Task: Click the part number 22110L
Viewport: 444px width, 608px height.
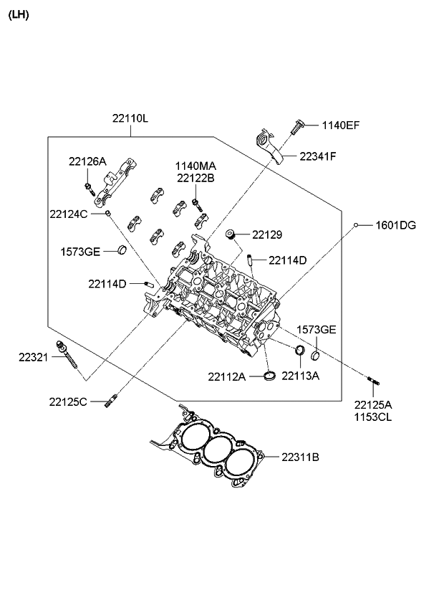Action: tap(130, 118)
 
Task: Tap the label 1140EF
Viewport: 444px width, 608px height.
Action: tap(341, 125)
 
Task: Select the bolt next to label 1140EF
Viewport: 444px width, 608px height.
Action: tap(297, 127)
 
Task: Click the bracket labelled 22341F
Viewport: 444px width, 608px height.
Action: tap(270, 146)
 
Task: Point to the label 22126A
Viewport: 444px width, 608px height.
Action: tap(87, 161)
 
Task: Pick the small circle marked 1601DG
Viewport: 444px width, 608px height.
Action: tap(356, 225)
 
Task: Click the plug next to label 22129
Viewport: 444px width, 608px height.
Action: tap(231, 235)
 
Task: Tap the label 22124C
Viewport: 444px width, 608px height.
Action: tap(69, 214)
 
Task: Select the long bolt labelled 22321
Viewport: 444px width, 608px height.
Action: tap(67, 354)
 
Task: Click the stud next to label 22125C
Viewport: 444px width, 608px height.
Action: tap(110, 401)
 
